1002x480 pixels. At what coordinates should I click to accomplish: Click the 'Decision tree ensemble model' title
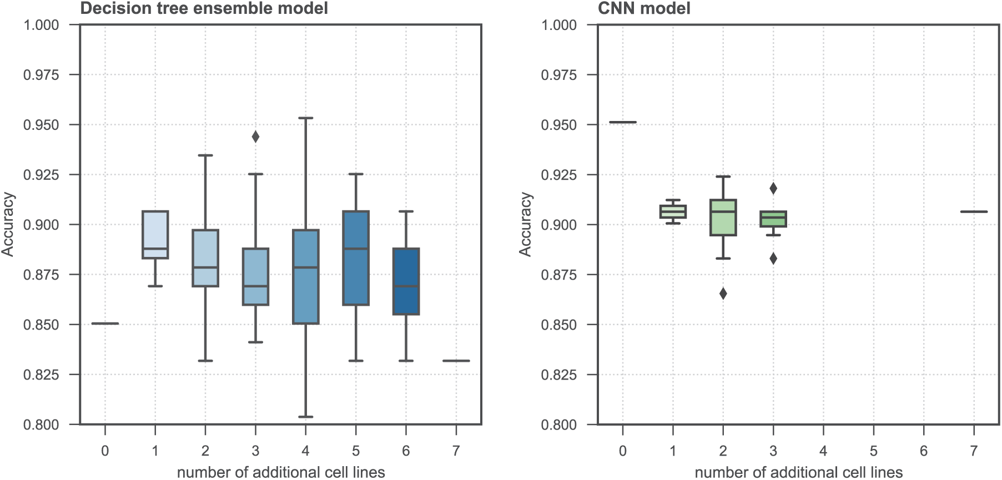(204, 8)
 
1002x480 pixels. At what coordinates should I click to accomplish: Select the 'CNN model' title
(644, 8)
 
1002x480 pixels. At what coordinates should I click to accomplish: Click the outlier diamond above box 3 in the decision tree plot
(255, 137)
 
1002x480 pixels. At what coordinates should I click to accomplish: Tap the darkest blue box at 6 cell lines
(406, 281)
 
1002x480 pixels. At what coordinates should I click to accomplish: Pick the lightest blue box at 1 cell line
(155, 235)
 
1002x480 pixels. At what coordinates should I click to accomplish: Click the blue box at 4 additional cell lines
(305, 276)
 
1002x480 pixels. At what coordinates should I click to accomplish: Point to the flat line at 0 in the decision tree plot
(105, 324)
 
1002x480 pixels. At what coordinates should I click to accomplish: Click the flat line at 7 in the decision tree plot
(456, 361)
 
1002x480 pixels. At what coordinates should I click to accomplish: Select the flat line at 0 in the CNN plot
(623, 122)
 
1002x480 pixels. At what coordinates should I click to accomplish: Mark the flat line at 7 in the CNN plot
(974, 211)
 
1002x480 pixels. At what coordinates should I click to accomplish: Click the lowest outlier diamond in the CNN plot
(723, 294)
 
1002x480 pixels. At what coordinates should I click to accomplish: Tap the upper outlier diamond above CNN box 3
(773, 189)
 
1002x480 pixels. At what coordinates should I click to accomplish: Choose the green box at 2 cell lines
(723, 218)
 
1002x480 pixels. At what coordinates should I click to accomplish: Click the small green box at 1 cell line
(673, 211)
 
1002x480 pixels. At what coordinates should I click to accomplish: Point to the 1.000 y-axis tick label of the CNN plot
(559, 25)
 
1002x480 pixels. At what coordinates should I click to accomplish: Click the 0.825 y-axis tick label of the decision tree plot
(41, 375)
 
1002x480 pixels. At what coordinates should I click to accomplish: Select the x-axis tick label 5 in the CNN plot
(873, 451)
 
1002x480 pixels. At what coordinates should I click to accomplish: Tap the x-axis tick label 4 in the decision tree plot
(305, 451)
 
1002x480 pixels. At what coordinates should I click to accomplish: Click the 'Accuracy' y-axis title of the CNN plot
(525, 224)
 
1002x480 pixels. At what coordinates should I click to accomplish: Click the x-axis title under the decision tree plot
(281, 472)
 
